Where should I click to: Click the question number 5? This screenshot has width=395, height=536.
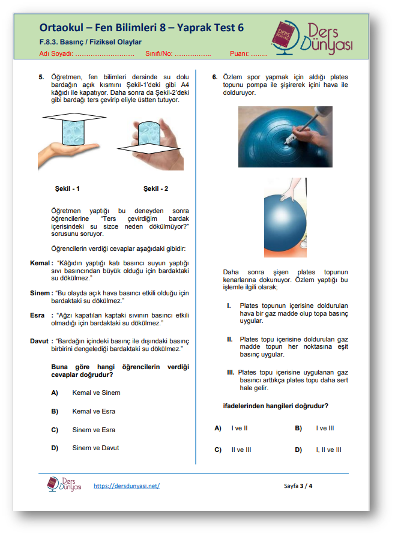point(41,77)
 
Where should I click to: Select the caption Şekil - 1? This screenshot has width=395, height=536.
point(67,188)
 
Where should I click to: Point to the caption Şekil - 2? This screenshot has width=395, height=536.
point(155,188)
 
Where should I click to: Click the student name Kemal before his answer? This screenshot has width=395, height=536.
point(41,263)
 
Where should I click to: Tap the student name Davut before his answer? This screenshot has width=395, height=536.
point(39,341)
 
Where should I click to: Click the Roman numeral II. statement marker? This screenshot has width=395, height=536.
point(229,339)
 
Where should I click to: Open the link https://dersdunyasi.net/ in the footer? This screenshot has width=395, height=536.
point(127,486)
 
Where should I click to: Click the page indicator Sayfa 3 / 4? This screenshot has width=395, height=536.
point(298,486)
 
